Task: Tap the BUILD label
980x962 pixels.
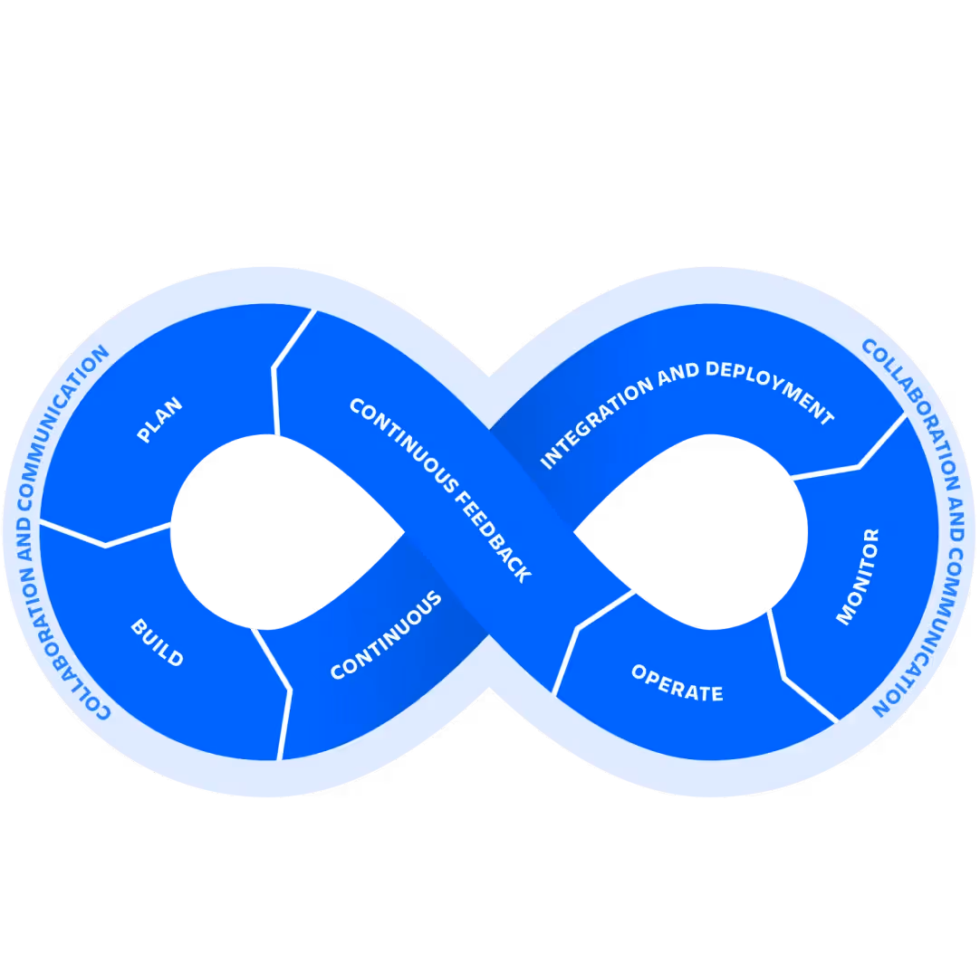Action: coord(157,643)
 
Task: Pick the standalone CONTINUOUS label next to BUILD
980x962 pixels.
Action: coord(386,635)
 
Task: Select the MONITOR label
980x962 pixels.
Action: coord(857,576)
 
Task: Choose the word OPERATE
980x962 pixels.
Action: coord(677,684)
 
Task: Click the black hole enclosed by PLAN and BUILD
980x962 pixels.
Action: coord(272,531)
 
